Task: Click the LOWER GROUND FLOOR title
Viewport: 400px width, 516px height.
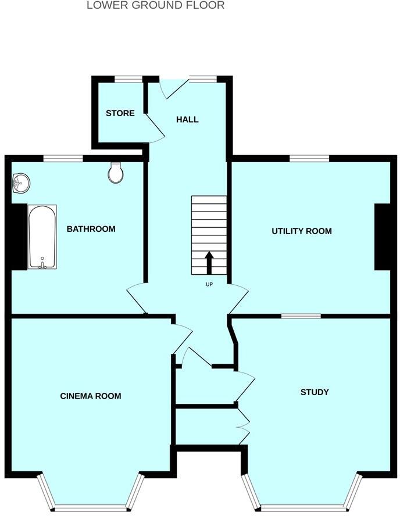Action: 155,5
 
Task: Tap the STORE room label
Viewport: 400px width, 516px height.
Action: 120,113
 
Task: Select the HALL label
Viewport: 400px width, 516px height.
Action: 187,120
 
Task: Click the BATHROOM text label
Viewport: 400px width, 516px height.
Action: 91,229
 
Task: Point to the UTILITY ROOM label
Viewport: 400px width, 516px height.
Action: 302,231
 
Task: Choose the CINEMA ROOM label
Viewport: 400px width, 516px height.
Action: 91,396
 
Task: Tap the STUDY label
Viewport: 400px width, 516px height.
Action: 315,392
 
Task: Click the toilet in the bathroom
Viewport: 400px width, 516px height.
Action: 116,173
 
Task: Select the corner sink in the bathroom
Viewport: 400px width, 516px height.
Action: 21,183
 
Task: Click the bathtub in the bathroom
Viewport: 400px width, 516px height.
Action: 42,236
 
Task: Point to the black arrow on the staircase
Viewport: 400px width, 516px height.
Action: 209,261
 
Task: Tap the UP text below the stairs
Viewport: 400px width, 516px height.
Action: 209,285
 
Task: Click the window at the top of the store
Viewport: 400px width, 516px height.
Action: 128,79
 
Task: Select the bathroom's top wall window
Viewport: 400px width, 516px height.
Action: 63,158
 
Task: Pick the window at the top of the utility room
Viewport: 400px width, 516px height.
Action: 309,158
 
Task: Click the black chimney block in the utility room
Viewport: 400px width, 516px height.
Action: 382,236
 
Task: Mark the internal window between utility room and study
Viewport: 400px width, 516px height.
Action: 301,316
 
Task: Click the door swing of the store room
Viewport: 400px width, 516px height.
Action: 155,127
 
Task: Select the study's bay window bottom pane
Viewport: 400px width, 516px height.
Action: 301,504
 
